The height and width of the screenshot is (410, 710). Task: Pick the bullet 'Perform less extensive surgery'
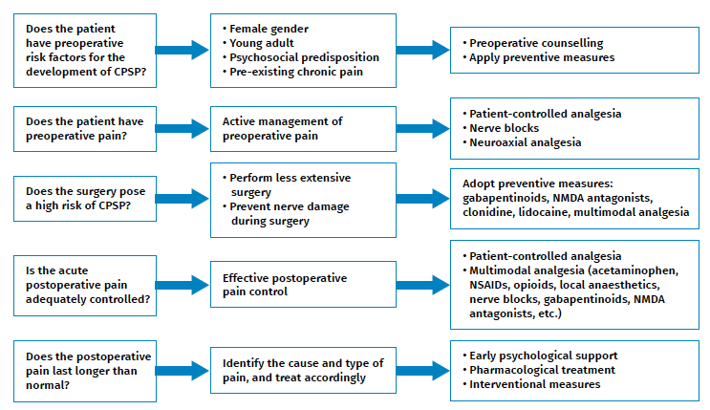coord(290,185)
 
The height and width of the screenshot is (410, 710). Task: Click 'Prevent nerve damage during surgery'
coord(290,214)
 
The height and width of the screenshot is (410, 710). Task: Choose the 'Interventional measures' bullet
coord(535,384)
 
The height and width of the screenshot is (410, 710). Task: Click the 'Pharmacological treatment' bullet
coord(542,370)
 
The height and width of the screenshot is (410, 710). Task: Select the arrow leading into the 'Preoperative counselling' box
coord(421,50)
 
